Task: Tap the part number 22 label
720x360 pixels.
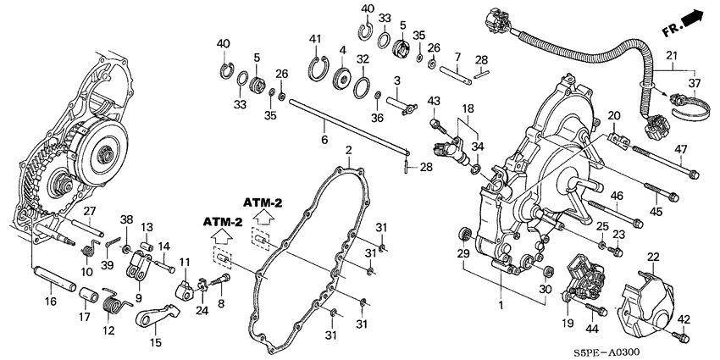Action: click(x=653, y=258)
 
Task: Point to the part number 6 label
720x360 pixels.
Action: click(x=324, y=140)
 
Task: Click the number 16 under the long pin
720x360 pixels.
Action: click(x=51, y=302)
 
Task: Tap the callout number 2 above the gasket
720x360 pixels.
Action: click(x=348, y=150)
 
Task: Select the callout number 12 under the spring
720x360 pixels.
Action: click(x=109, y=330)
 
